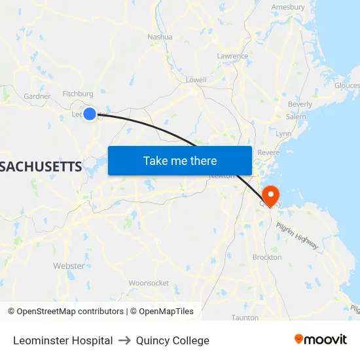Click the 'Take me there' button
coord(180,160)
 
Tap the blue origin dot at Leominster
coord(90,114)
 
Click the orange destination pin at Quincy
coord(270,195)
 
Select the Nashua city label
coord(160,37)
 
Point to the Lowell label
coord(196,80)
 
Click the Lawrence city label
coord(232,56)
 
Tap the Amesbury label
coord(289,7)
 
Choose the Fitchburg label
coord(78,94)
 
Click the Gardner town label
coord(37,96)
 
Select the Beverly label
coord(300,104)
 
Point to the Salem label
coord(295,117)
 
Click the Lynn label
coord(283,134)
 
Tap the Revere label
coord(268,153)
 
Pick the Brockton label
coord(267,257)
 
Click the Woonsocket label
coord(149,283)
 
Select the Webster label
coord(69,266)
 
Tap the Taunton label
coord(245,317)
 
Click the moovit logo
coord(321,340)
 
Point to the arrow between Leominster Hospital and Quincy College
coord(124,340)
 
